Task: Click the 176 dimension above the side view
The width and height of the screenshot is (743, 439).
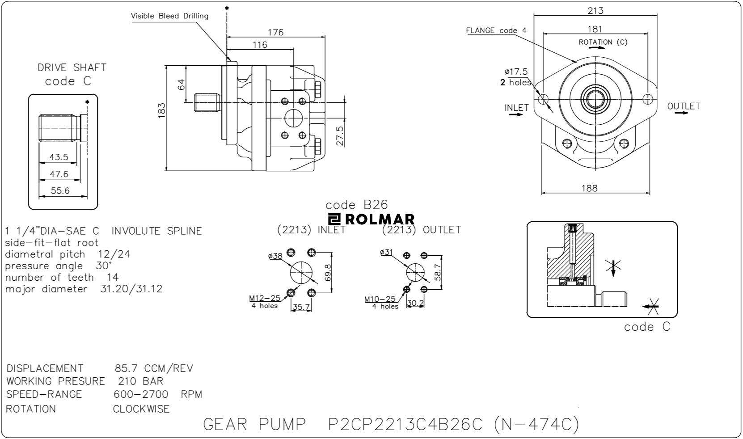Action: [275, 32]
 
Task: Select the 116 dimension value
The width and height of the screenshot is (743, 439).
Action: [260, 45]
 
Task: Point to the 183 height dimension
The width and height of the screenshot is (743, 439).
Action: [162, 110]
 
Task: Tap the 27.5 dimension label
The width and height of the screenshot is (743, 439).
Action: [340, 136]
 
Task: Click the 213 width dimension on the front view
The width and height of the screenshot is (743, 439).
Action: [595, 11]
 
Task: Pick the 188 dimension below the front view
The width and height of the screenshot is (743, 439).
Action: [589, 188]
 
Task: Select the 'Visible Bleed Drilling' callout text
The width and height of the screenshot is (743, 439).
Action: [169, 16]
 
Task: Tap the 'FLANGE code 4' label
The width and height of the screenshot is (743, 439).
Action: [496, 30]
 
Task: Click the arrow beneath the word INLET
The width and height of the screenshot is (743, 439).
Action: [516, 114]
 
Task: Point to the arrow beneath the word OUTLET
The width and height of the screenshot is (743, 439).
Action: [682, 113]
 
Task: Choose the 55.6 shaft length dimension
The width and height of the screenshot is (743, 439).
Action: [60, 191]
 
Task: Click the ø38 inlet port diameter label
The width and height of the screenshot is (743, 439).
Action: [275, 256]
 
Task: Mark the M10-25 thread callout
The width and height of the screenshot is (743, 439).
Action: [380, 299]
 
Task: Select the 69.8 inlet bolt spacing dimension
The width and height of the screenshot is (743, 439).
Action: [328, 272]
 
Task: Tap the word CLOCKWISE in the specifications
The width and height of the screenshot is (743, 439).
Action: [141, 409]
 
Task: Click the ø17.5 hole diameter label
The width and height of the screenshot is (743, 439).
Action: [516, 72]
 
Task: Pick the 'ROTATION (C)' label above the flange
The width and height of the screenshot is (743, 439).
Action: [603, 42]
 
